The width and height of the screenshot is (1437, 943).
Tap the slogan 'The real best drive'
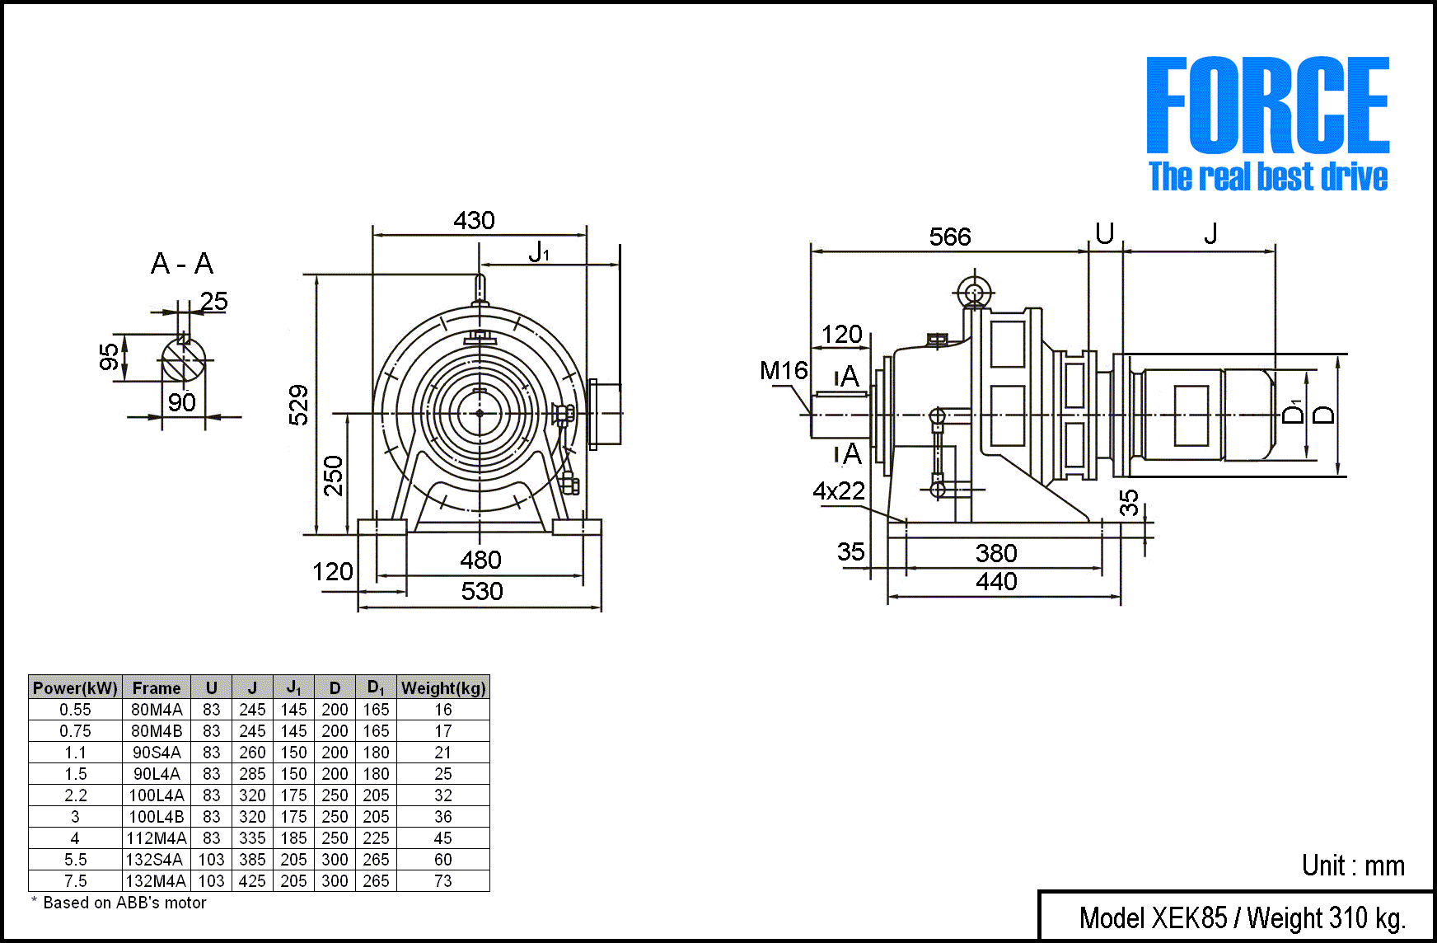(1267, 176)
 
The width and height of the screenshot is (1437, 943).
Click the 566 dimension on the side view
(950, 237)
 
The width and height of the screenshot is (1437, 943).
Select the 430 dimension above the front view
(474, 221)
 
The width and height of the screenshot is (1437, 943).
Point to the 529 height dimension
(299, 405)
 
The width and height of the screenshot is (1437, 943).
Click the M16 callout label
(784, 371)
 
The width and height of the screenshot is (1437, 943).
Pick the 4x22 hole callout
(839, 491)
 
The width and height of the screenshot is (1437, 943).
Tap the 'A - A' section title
(182, 264)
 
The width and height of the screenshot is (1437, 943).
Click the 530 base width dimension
(482, 592)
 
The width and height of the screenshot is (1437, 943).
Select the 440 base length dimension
(996, 582)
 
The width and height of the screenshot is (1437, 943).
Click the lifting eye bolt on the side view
(974, 293)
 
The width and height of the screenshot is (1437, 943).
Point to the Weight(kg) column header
(443, 687)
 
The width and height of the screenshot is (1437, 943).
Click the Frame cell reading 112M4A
(157, 838)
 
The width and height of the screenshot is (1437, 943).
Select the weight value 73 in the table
(443, 881)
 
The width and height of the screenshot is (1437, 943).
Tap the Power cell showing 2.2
(75, 795)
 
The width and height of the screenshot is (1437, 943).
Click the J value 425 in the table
(252, 881)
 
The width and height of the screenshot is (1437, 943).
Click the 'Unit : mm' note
(1353, 866)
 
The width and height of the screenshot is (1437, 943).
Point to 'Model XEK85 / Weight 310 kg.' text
(1242, 917)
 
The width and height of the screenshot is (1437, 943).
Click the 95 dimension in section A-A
(109, 357)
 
